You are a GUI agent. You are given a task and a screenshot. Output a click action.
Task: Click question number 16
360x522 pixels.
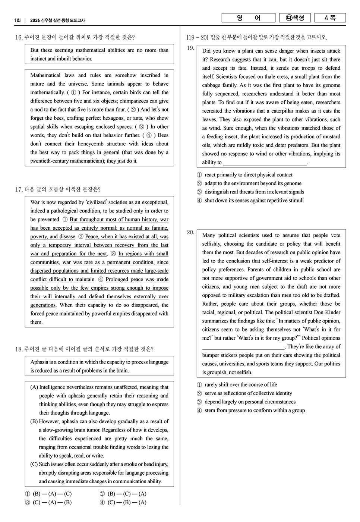click(19, 37)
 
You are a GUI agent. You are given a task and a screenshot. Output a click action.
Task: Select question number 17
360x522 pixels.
click(19, 189)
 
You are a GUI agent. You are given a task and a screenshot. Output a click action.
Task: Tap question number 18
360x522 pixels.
click(19, 349)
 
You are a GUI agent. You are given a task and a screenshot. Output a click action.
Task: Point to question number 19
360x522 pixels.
click(190, 48)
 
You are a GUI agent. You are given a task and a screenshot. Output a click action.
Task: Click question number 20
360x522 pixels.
click(190, 232)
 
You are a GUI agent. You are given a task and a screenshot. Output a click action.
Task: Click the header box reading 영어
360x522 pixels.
click(248, 18)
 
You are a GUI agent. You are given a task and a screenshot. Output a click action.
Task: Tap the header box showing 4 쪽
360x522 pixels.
click(330, 18)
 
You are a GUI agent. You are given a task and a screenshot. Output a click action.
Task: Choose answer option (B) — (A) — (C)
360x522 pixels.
click(48, 494)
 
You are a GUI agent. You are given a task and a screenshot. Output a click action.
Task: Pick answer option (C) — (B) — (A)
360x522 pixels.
click(123, 503)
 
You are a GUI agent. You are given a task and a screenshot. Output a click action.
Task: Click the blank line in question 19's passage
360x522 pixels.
click(265, 163)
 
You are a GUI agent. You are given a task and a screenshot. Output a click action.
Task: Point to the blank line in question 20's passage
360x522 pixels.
click(243, 347)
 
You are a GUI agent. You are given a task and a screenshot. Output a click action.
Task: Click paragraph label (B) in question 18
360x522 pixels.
click(34, 422)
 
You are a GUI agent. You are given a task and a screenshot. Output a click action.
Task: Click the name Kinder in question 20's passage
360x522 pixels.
click(333, 312)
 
